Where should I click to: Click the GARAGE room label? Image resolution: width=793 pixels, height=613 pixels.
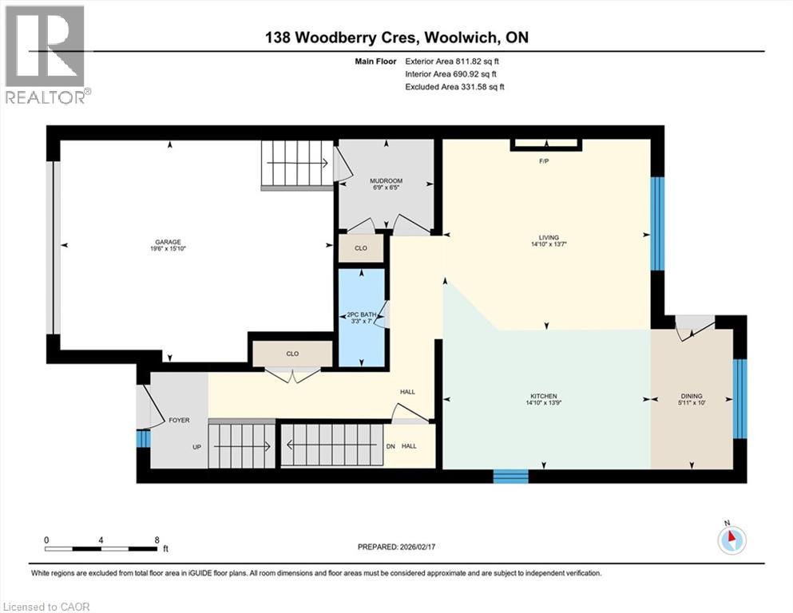coord(169,242)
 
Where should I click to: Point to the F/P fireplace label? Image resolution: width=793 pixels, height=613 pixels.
coord(546,161)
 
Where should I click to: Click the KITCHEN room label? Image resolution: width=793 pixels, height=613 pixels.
coord(543,397)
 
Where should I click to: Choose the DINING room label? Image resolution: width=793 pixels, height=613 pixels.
coord(692,396)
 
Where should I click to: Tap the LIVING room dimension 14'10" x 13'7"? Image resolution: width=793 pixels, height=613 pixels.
coord(548,244)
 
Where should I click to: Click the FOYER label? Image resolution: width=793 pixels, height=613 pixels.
coord(177,421)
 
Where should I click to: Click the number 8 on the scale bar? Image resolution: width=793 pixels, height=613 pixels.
coord(157,540)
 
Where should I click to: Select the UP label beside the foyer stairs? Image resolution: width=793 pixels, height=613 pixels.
coord(196,447)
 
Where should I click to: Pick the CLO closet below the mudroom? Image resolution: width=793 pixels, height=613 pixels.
coord(361,248)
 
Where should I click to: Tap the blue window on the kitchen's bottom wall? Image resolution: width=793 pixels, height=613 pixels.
coord(510,476)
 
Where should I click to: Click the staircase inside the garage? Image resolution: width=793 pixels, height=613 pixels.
coord(296,164)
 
